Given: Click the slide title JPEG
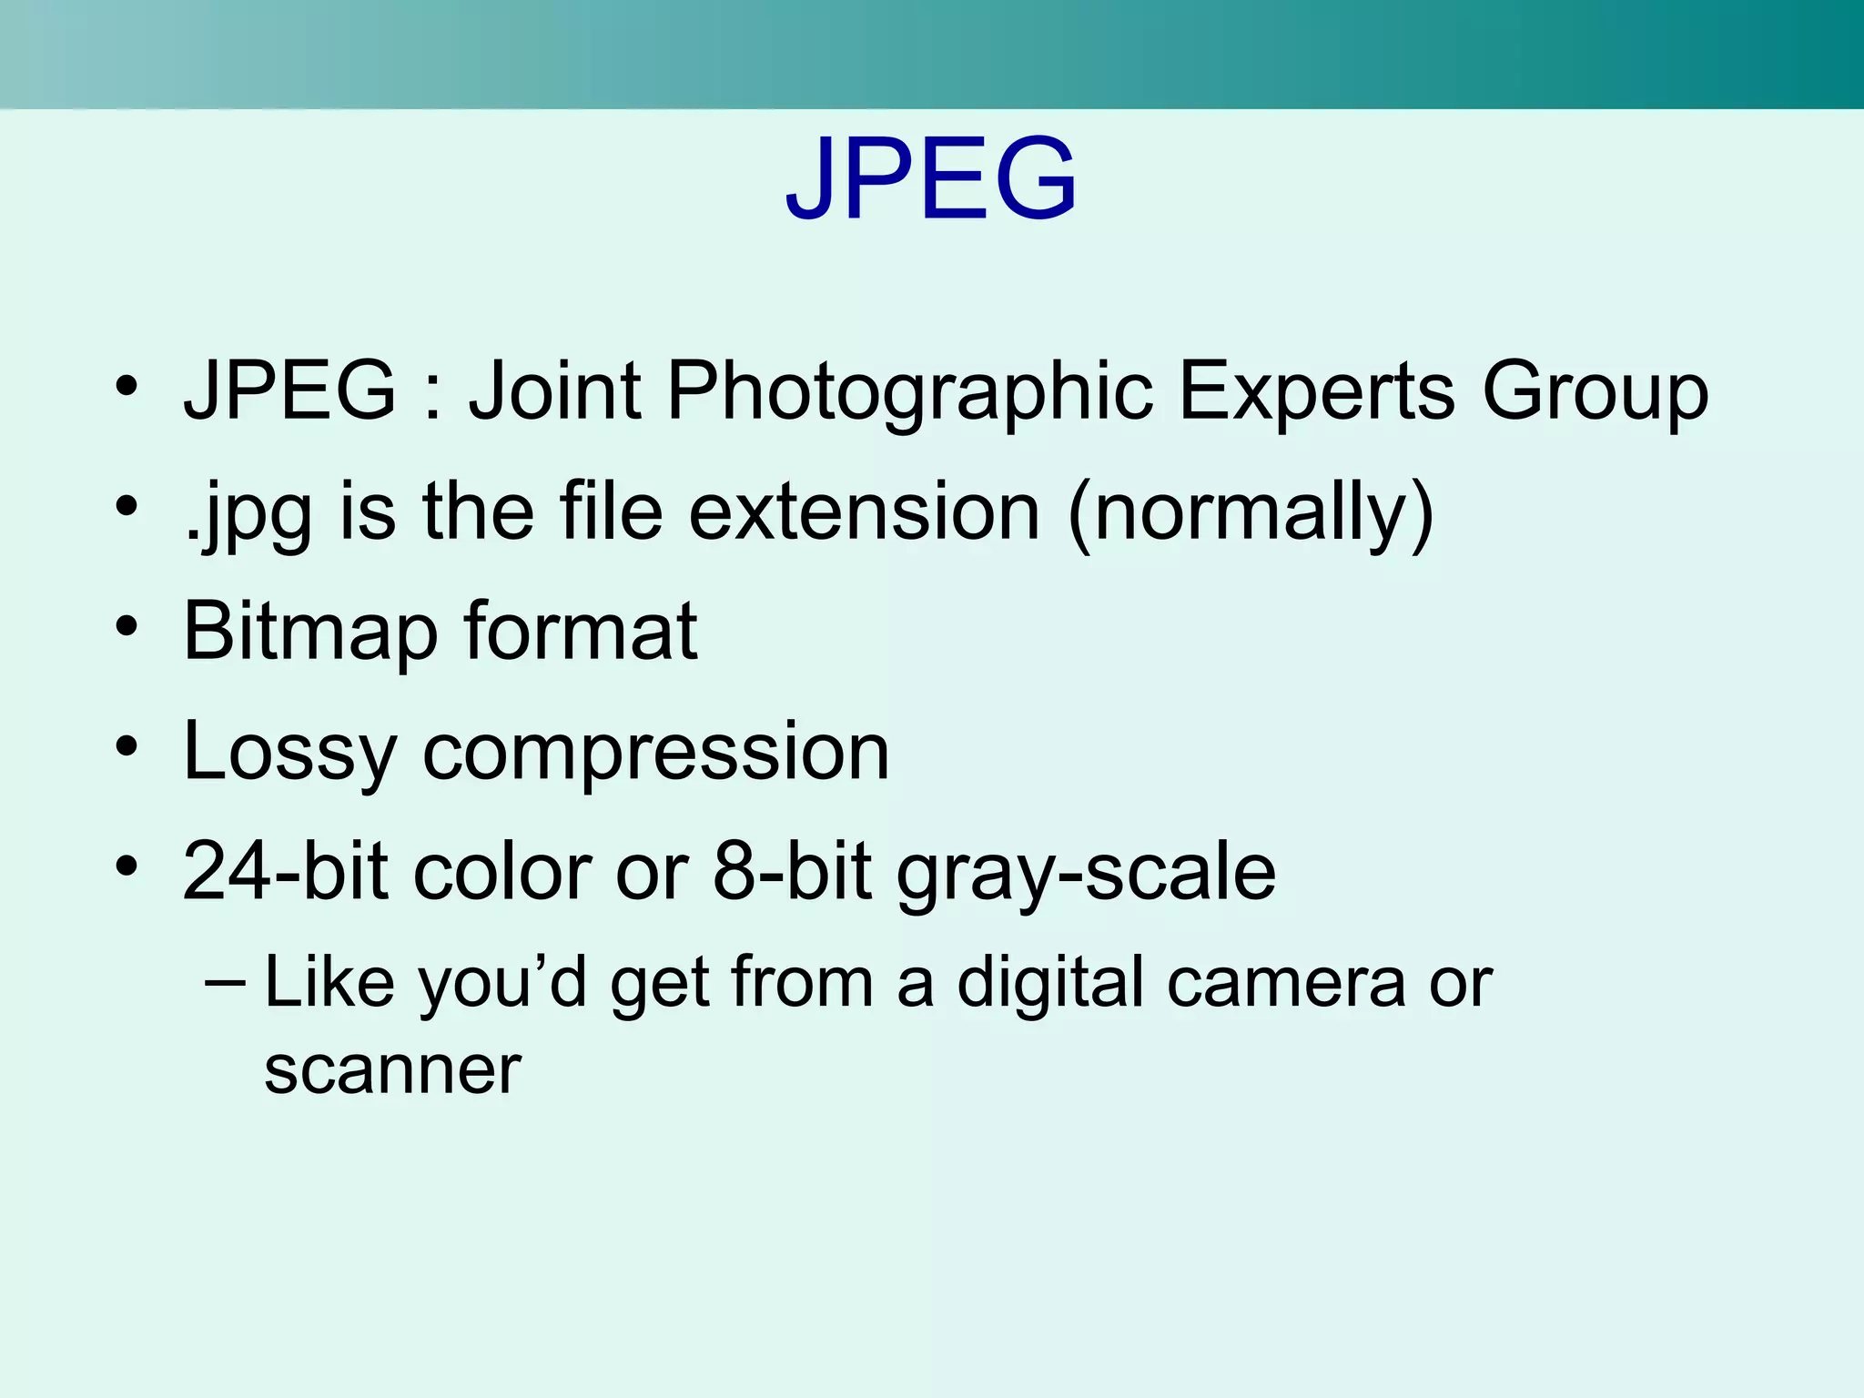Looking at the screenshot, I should click(931, 178).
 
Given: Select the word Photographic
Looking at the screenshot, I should click(910, 393).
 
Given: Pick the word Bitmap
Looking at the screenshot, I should click(310, 633).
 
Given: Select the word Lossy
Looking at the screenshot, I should click(289, 754).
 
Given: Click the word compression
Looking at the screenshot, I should click(655, 755).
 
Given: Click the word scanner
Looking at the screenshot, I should click(392, 1070).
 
